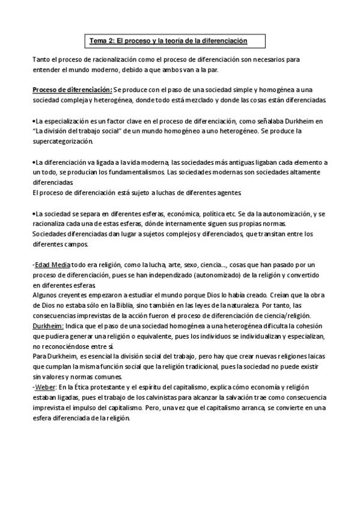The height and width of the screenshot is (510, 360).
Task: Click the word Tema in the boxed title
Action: pos(97,41)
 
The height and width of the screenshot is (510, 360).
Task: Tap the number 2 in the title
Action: pos(110,41)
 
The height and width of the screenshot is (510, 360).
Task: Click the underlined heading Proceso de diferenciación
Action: pos(72,89)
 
